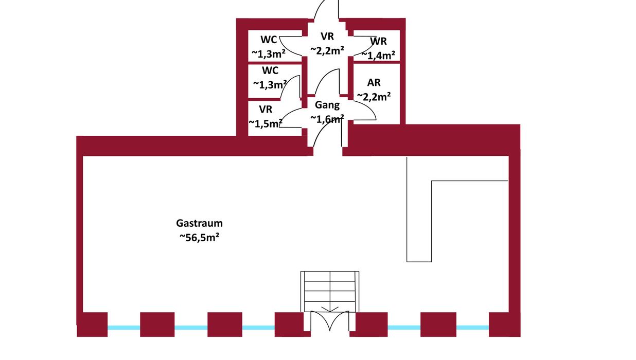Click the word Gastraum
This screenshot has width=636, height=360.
pyautogui.click(x=199, y=224)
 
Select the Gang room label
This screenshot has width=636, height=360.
pyautogui.click(x=327, y=105)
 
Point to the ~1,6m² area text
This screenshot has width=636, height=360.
pyautogui.click(x=326, y=119)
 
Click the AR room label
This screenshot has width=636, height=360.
pyautogui.click(x=374, y=83)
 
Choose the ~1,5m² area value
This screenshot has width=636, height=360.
pyautogui.click(x=266, y=123)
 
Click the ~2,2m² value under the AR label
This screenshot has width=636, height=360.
pyautogui.click(x=374, y=96)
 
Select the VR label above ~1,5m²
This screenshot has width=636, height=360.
pyautogui.click(x=266, y=109)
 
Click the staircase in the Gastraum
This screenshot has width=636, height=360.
pyautogui.click(x=329, y=291)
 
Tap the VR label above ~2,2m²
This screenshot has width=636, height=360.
pyautogui.click(x=327, y=37)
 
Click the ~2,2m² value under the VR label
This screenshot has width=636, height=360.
pyautogui.click(x=327, y=50)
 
